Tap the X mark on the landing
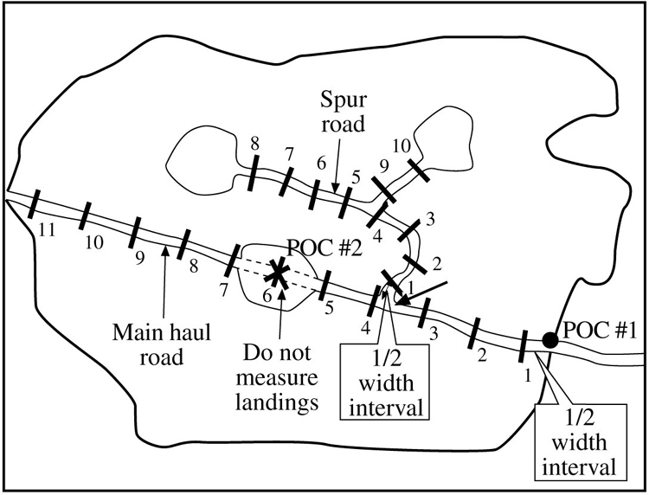(x=278, y=273)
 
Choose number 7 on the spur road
(x=288, y=152)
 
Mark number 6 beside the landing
(x=267, y=296)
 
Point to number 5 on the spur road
(x=354, y=176)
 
